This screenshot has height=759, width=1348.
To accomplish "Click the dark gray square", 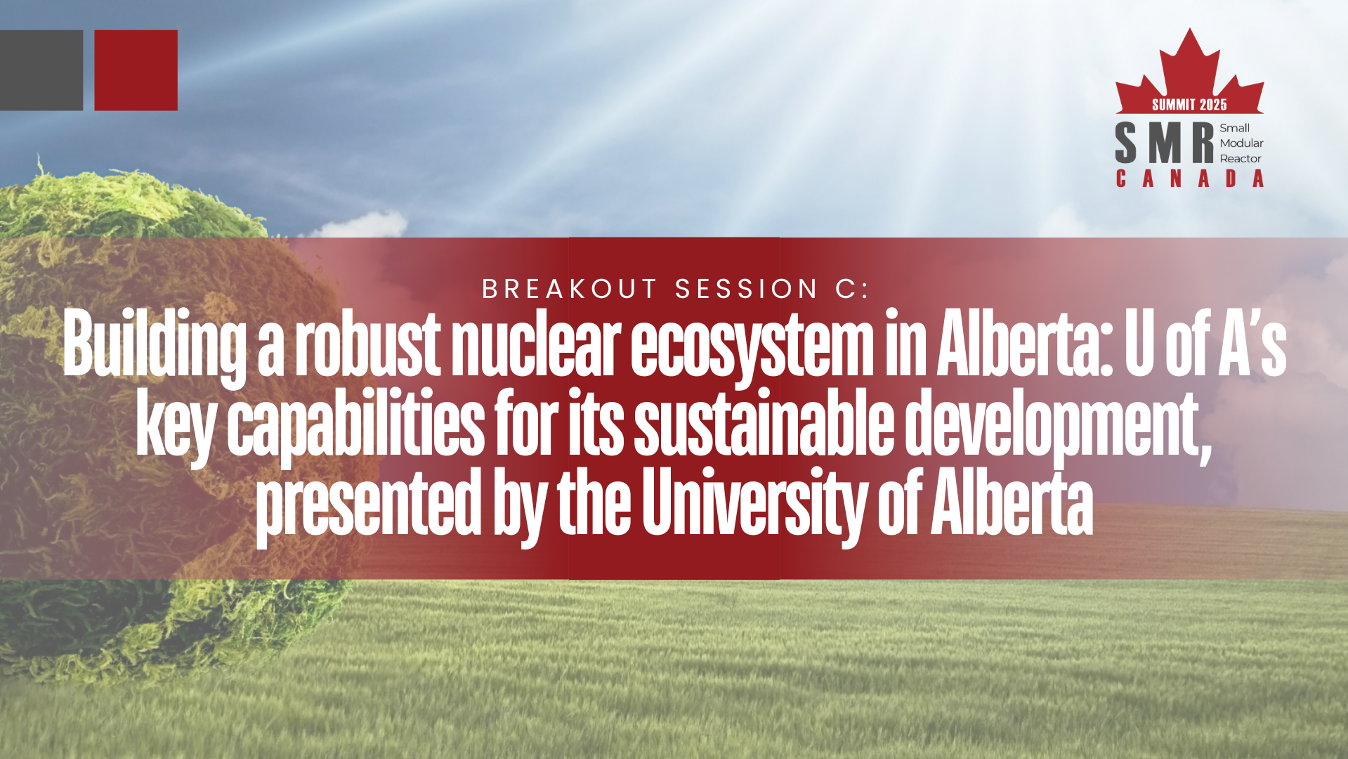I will (x=41, y=70).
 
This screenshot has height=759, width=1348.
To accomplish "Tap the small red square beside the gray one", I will (x=136, y=70).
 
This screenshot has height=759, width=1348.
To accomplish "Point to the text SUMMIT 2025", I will (x=1189, y=105).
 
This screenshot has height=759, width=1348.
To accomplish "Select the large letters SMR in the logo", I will (x=1164, y=143).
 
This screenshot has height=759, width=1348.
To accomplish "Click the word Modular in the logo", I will (x=1241, y=143).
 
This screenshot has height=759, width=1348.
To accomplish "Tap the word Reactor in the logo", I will (x=1240, y=159).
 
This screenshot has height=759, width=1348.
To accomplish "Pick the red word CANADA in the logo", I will (x=1189, y=179).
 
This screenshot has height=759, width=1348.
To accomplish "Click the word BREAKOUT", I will (x=569, y=289).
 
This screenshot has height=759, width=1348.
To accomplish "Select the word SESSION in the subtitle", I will (x=747, y=289).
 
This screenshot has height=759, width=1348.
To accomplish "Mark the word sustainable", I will (x=764, y=423).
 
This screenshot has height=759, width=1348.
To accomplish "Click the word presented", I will (x=368, y=505).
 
